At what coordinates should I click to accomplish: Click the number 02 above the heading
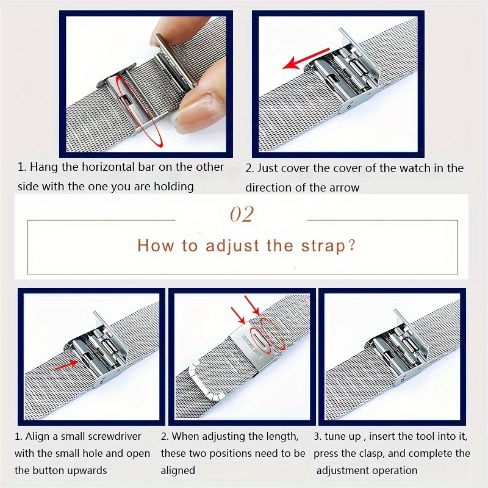241,215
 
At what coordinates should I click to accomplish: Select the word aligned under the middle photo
178,470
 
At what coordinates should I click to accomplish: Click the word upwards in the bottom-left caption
86,470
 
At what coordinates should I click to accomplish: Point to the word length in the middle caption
279,436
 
